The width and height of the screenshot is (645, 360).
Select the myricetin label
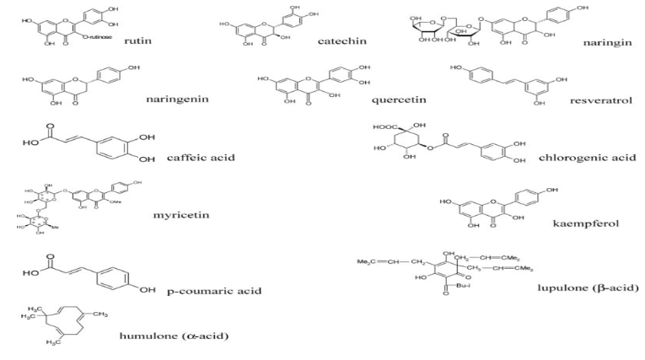click(x=181, y=215)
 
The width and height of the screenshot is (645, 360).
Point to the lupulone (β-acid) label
click(x=588, y=288)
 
